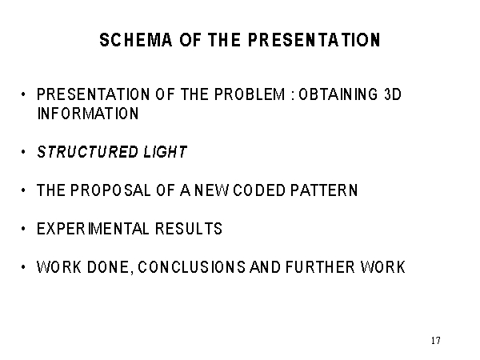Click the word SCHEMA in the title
pyautogui.click(x=136, y=40)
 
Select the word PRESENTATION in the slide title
pyautogui.click(x=314, y=40)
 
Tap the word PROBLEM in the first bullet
pyautogui.click(x=250, y=94)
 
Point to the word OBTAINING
pyautogui.click(x=338, y=94)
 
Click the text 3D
pyautogui.click(x=393, y=94)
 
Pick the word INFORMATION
pyautogui.click(x=88, y=114)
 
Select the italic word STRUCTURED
pyautogui.click(x=87, y=152)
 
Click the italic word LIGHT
pyautogui.click(x=166, y=152)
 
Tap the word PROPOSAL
pyautogui.click(x=110, y=190)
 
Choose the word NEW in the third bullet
pyautogui.click(x=211, y=190)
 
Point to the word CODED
pyautogui.click(x=259, y=190)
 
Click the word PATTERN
pyautogui.click(x=324, y=190)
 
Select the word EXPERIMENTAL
pyautogui.click(x=93, y=229)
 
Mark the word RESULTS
pyautogui.click(x=189, y=229)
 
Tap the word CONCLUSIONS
pyautogui.click(x=192, y=267)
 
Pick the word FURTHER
pyautogui.click(x=321, y=267)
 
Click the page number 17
pyautogui.click(x=436, y=341)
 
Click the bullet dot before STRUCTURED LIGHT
pyautogui.click(x=23, y=152)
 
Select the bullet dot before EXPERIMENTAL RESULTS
pyautogui.click(x=23, y=229)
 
